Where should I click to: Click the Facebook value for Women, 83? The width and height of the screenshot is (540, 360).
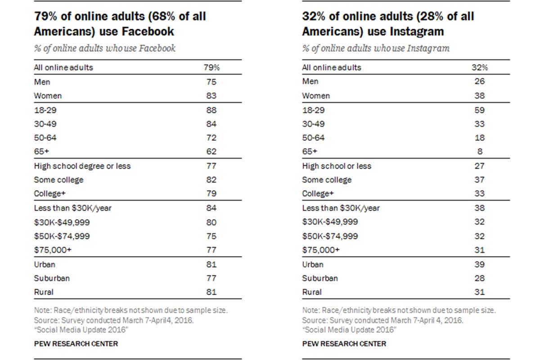[x=211, y=96]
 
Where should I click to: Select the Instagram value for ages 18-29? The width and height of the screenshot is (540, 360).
[x=480, y=110]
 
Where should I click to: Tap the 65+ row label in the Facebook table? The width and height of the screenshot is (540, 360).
[x=41, y=152]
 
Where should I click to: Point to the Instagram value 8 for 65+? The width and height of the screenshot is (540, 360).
[x=480, y=152]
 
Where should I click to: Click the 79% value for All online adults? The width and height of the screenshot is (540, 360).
[x=211, y=67]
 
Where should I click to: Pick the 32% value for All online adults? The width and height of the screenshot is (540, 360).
[x=480, y=67]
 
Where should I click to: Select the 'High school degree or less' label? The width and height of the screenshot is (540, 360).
[x=82, y=166]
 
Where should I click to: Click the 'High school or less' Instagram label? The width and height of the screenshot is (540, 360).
[x=337, y=166]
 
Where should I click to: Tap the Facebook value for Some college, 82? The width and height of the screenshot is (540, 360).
[x=211, y=180]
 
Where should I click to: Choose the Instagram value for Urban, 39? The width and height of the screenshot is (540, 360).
[x=480, y=264]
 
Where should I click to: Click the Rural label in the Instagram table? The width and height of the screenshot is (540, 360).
[x=312, y=292]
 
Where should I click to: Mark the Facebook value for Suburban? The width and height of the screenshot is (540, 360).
[x=211, y=278]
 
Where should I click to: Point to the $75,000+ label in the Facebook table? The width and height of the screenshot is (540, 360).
[x=53, y=250]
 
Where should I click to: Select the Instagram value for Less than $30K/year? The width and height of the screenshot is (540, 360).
[x=480, y=208]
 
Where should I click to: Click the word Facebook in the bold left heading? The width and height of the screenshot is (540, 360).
[x=148, y=31]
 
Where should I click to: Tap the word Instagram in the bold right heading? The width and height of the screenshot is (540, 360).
[x=417, y=32]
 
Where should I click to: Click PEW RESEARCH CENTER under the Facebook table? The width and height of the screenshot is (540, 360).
[x=76, y=344]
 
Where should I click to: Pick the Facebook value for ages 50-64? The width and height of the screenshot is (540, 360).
[x=211, y=138]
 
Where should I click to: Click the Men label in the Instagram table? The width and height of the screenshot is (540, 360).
[x=310, y=81]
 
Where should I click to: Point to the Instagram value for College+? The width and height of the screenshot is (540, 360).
[x=480, y=193]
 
